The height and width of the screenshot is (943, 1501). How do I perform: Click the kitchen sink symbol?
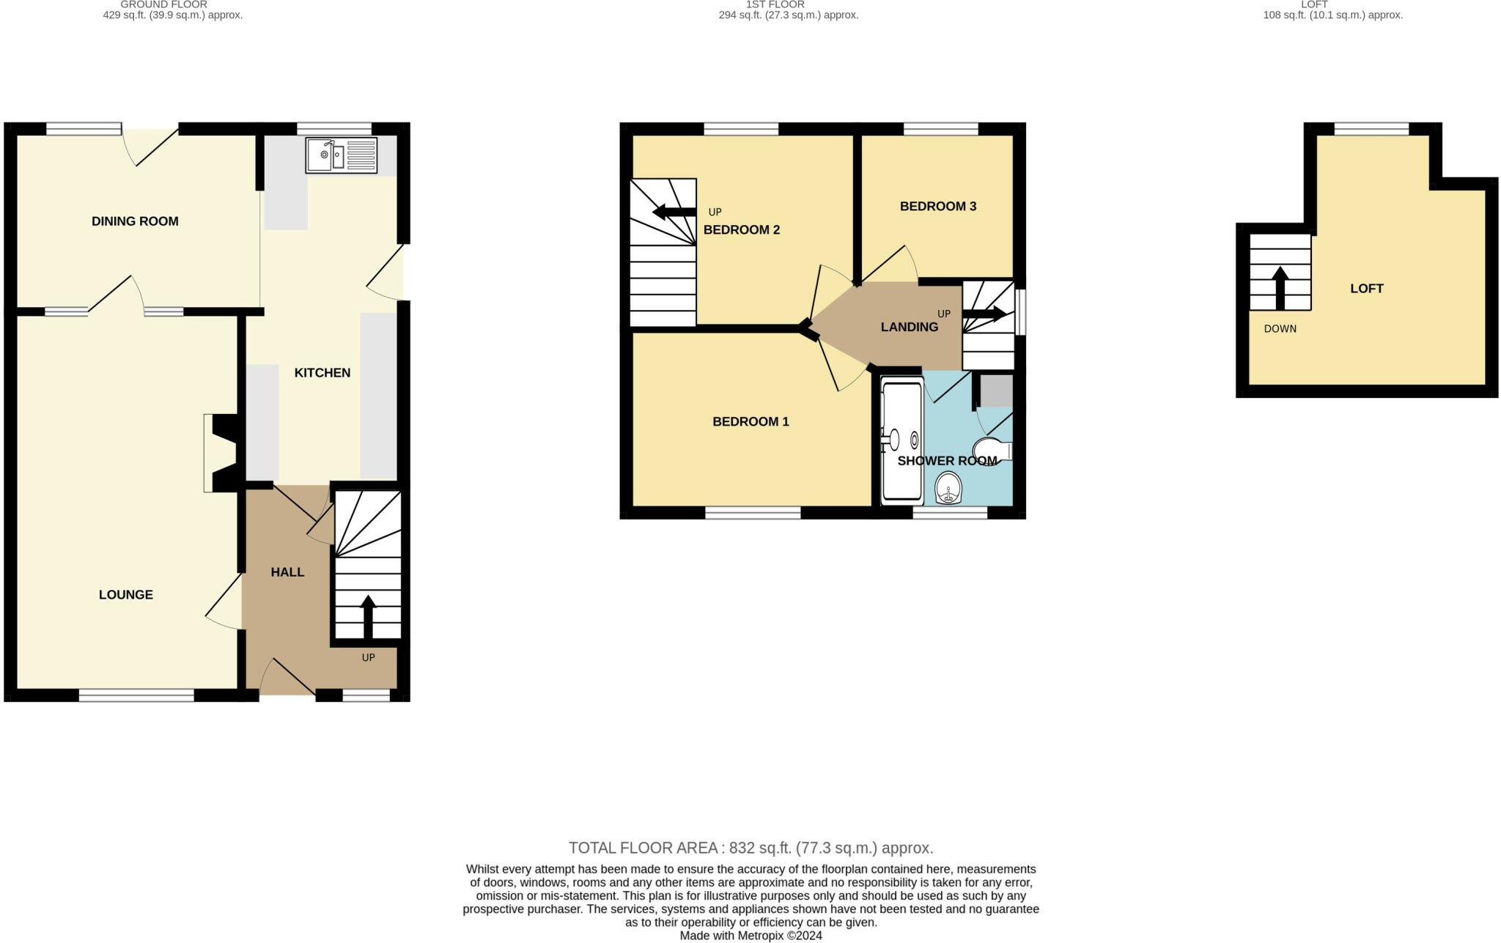[341, 155]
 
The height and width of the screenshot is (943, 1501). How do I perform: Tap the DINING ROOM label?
[135, 221]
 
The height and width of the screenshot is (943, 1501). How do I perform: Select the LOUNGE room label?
[126, 594]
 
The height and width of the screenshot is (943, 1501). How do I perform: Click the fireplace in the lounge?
[220, 453]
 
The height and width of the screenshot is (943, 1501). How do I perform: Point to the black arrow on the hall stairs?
[368, 616]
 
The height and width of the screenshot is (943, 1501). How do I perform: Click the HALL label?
[287, 572]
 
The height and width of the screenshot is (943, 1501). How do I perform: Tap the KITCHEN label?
[322, 372]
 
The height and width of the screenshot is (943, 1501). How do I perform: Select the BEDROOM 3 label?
[938, 206]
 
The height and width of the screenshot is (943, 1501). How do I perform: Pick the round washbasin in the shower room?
[949, 488]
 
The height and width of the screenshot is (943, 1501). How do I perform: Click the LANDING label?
[909, 327]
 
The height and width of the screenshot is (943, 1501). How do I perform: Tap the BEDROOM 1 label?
[750, 421]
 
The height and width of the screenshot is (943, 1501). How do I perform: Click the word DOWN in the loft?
[1280, 328]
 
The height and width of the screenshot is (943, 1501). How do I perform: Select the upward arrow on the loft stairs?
[1280, 287]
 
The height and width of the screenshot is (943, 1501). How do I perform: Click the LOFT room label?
[1366, 288]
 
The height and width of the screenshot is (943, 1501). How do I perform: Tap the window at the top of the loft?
[1371, 130]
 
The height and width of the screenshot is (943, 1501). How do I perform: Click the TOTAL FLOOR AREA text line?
[750, 848]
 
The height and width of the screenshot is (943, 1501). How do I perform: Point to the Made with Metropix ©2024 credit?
[750, 936]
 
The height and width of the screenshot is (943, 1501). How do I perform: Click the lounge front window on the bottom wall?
[136, 695]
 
